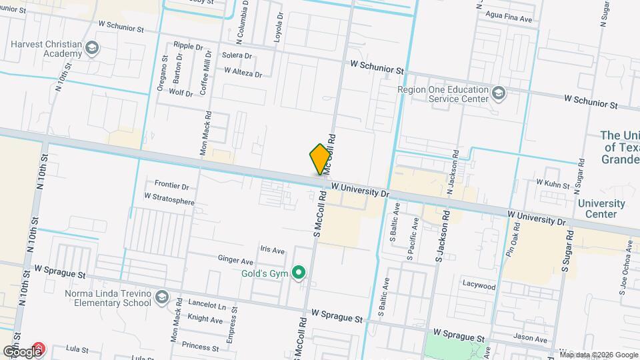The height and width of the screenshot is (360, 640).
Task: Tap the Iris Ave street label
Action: pyautogui.click(x=273, y=250)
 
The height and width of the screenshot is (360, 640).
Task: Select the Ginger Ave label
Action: pyautogui.click(x=235, y=261)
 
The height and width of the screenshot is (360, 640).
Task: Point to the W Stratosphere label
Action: pyautogui.click(x=169, y=197)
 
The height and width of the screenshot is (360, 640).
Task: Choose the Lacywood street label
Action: pyautogui.click(x=479, y=286)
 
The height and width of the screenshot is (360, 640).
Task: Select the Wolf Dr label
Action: pyautogui.click(x=181, y=93)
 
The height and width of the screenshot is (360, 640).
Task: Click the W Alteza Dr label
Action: pyautogui.click(x=243, y=72)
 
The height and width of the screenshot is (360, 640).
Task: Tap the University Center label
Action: pyautogui.click(x=601, y=209)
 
